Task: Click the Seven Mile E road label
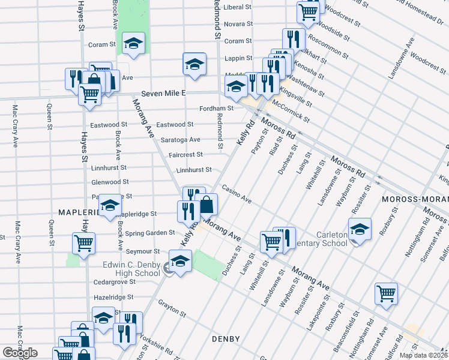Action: coord(164,94)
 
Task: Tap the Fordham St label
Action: coord(217,108)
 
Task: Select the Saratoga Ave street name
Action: coord(181,140)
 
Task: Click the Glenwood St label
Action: coord(110,182)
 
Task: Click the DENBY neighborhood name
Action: coord(226,339)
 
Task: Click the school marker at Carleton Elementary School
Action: coord(360,230)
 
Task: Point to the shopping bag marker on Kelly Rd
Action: coord(206,205)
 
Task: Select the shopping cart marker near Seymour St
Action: coord(83,244)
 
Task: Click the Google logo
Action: coord(19,353)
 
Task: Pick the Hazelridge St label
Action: coord(113,297)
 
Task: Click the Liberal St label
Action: coord(237,7)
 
